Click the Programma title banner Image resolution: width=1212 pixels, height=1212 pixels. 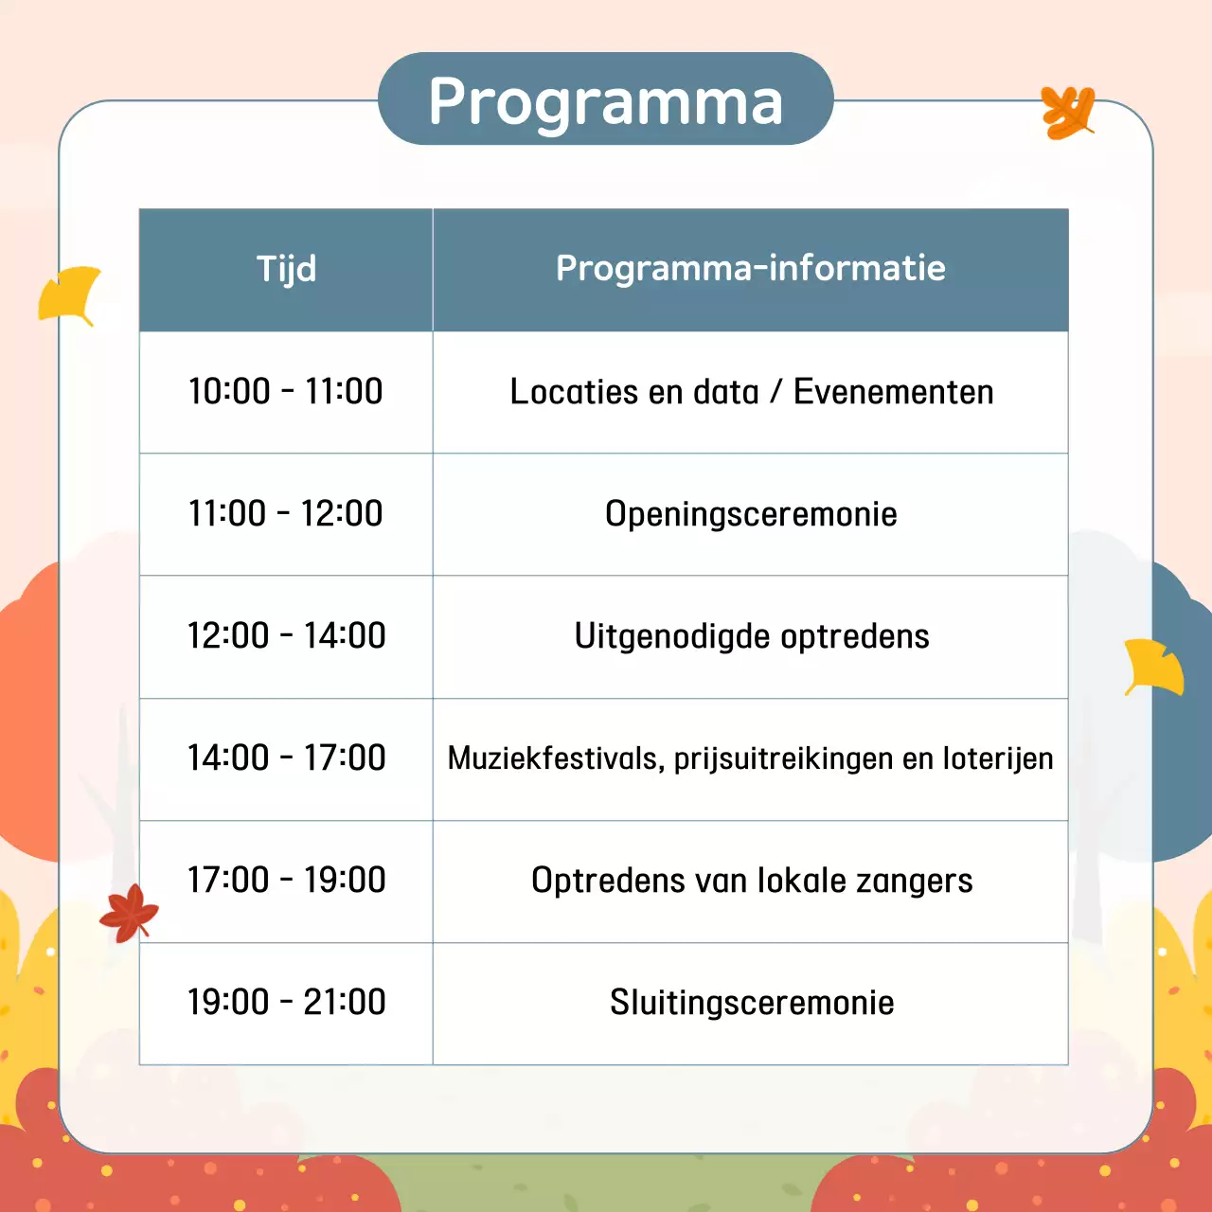[x=606, y=99]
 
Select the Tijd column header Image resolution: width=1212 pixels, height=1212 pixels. [x=286, y=269]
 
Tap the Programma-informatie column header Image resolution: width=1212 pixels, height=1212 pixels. [x=750, y=269]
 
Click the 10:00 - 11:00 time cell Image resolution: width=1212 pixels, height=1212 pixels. [x=286, y=391]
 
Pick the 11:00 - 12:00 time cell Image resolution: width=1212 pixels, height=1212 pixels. [x=286, y=513]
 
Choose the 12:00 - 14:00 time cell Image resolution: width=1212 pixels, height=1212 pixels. [x=286, y=635]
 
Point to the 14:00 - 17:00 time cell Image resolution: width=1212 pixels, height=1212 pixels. [x=286, y=757]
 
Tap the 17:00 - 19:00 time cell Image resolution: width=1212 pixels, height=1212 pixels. [x=286, y=880]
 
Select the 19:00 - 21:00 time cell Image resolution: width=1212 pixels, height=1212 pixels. [x=286, y=1002]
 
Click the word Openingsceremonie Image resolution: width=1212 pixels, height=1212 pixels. [x=751, y=514]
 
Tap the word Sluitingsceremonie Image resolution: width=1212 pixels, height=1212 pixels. [x=752, y=1003]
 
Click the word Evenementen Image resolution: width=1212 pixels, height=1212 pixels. [x=893, y=392]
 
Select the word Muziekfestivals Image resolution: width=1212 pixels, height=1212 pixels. [x=555, y=758]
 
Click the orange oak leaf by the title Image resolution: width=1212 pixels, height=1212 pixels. [x=1068, y=112]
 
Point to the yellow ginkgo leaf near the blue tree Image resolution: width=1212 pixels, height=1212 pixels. [x=1154, y=667]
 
